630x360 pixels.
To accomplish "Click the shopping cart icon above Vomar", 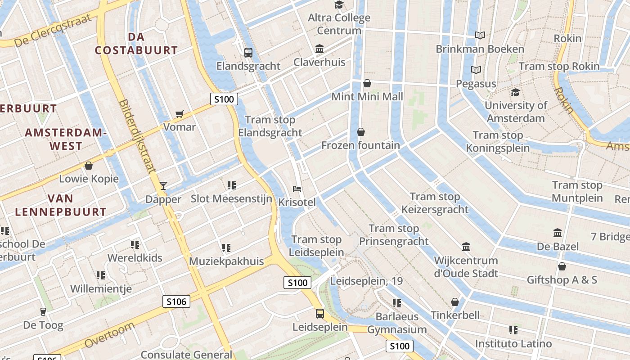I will click(x=180, y=114).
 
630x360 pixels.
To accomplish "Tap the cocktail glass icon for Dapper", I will click(x=163, y=185).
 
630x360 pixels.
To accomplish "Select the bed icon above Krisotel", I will click(x=297, y=189).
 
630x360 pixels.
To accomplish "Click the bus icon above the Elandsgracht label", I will click(x=248, y=52).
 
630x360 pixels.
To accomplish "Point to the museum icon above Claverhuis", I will click(x=319, y=49).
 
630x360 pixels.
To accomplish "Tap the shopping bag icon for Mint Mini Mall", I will click(x=367, y=83).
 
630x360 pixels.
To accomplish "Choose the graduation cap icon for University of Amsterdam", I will click(x=515, y=92).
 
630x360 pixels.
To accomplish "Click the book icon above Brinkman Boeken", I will click(x=480, y=35).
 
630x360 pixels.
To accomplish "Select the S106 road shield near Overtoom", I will click(x=176, y=301).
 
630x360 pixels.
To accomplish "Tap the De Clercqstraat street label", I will click(x=53, y=31).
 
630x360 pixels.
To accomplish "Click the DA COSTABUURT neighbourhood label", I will click(x=136, y=44).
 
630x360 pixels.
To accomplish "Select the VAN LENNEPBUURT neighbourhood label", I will click(x=61, y=205).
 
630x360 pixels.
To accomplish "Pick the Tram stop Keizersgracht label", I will click(x=435, y=203).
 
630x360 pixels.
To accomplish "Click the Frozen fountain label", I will click(x=360, y=145).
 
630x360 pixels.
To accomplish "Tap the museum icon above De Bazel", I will click(x=558, y=233).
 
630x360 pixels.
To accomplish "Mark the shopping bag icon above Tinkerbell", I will click(x=455, y=301).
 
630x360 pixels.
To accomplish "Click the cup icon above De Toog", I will click(x=43, y=311).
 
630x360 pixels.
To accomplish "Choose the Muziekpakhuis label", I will click(x=226, y=261).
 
